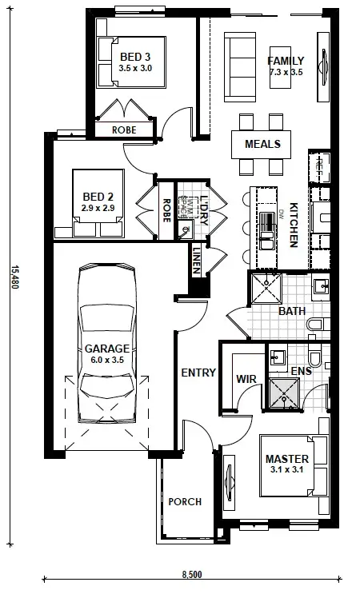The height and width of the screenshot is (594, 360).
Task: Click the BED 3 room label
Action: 134,57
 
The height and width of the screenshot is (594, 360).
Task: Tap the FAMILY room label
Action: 286,62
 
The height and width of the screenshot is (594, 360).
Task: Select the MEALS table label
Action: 262,144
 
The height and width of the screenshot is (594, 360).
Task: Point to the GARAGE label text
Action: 106,349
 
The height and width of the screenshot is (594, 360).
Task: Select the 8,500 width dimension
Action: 191,574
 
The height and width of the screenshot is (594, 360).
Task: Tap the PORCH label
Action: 184,502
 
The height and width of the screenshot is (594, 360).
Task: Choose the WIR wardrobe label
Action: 244,379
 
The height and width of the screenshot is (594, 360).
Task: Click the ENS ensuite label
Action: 300,371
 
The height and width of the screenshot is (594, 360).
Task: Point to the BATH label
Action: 290,311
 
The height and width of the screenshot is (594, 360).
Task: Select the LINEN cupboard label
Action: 196,261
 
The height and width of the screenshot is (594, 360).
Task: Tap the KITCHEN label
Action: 294,224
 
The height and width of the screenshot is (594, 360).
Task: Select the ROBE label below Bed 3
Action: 123,130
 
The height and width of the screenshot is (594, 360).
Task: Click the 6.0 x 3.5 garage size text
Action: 106,361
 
